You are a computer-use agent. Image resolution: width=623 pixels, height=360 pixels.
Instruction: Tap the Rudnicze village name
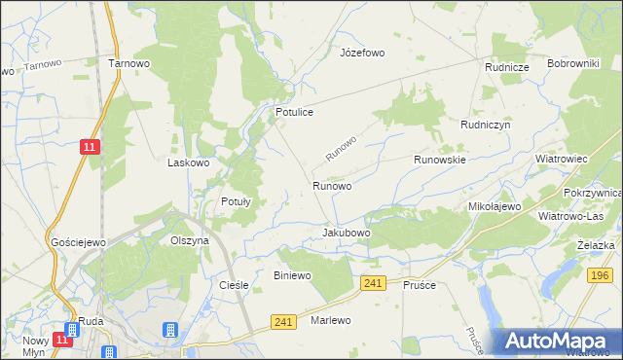pos(507,67)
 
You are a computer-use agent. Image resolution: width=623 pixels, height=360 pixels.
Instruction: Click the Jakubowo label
pos(347,234)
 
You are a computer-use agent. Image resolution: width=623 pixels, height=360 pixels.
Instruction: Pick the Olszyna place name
pos(190,240)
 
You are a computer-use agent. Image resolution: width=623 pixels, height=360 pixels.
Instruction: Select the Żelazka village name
pos(595,245)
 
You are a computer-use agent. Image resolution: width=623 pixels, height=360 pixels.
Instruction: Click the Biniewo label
pos(292,276)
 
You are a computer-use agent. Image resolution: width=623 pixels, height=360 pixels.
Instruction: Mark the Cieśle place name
pos(235,286)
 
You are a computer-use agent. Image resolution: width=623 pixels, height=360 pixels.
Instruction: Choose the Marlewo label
pos(330,320)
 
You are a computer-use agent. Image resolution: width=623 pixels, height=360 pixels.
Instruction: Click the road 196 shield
pos(600,276)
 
